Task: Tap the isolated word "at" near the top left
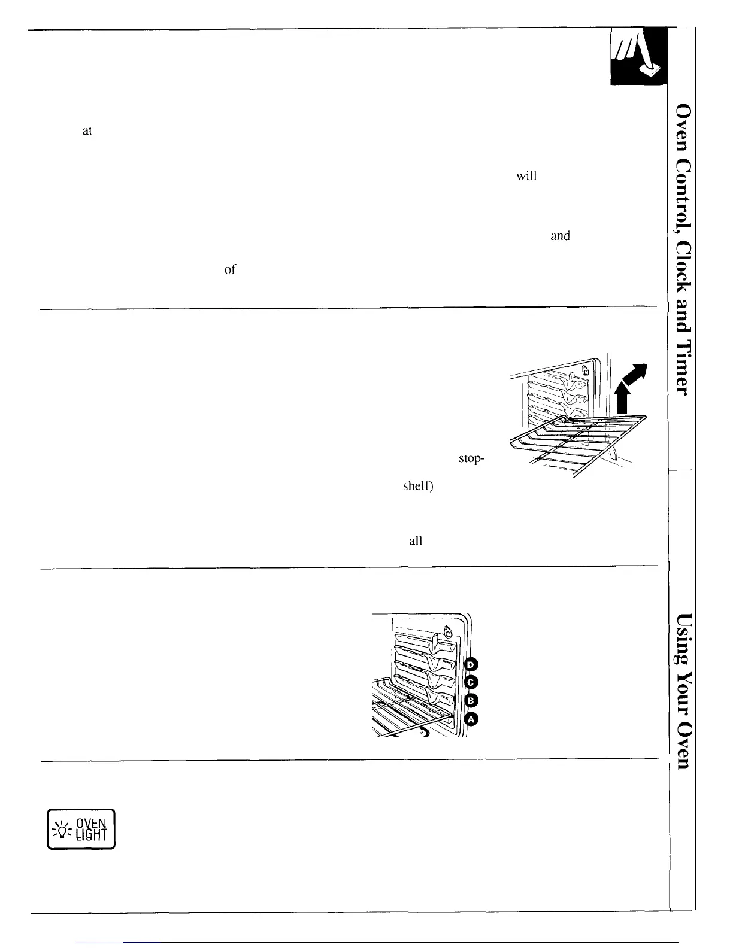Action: coord(87,131)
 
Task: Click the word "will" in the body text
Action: coord(526,177)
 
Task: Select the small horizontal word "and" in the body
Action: coord(560,236)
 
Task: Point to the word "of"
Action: coord(229,270)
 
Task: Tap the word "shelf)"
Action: coord(418,486)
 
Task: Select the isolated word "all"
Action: coord(415,541)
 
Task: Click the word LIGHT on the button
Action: coord(92,835)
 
